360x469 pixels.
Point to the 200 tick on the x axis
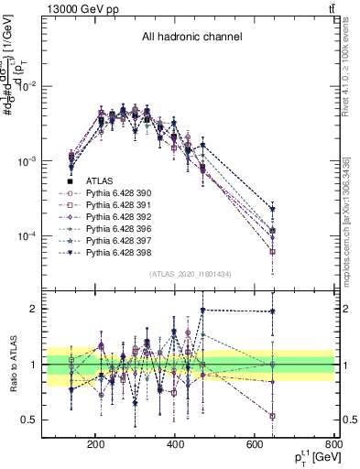pos(95,444)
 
